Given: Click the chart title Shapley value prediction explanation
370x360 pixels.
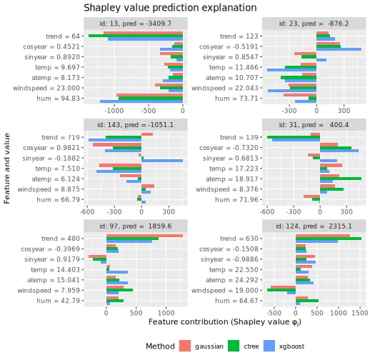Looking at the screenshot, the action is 170,8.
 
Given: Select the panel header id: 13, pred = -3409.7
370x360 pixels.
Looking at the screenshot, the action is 135,24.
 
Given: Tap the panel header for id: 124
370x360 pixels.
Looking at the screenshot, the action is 314,226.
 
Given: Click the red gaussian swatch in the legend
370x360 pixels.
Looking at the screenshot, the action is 185,346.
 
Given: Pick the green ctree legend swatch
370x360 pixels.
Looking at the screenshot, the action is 234,346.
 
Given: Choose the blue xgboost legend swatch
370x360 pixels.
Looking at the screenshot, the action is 269,346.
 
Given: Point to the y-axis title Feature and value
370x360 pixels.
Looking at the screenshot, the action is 7,169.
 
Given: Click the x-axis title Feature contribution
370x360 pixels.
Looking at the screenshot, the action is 225,322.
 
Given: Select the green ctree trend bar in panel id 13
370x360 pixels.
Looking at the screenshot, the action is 136,36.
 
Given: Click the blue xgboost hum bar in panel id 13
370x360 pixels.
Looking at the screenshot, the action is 141,101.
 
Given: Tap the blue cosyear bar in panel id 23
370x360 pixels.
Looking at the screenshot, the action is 339,49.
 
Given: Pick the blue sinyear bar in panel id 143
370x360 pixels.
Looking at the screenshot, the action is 162,161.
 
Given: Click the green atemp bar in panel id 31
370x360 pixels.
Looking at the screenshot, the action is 341,179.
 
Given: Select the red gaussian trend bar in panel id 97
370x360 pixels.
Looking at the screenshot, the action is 144,236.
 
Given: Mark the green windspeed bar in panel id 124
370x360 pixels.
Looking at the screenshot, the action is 281,290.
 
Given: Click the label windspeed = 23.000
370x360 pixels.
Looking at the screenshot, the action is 46,88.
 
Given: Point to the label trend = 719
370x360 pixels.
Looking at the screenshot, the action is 61,137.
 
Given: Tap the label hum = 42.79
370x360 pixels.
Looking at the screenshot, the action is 59,301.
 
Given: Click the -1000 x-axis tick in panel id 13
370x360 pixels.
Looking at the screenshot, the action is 114,111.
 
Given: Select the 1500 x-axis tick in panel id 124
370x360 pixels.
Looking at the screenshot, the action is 360,313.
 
